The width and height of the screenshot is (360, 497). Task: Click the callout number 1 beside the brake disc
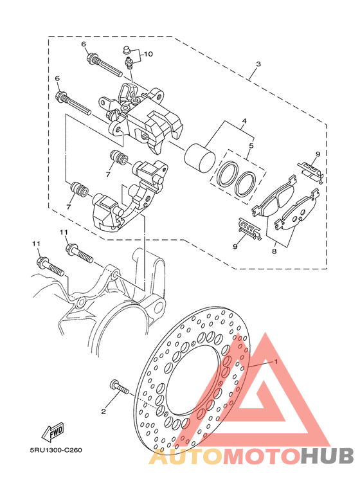(276, 361)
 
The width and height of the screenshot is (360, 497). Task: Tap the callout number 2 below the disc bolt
(104, 411)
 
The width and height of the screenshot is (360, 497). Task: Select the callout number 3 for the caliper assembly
(258, 64)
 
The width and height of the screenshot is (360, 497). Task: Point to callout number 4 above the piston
(244, 121)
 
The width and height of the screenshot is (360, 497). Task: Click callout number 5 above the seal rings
(251, 146)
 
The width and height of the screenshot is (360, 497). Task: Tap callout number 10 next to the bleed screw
(148, 54)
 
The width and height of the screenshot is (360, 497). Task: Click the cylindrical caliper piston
(201, 158)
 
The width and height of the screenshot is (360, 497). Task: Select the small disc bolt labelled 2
(119, 388)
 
